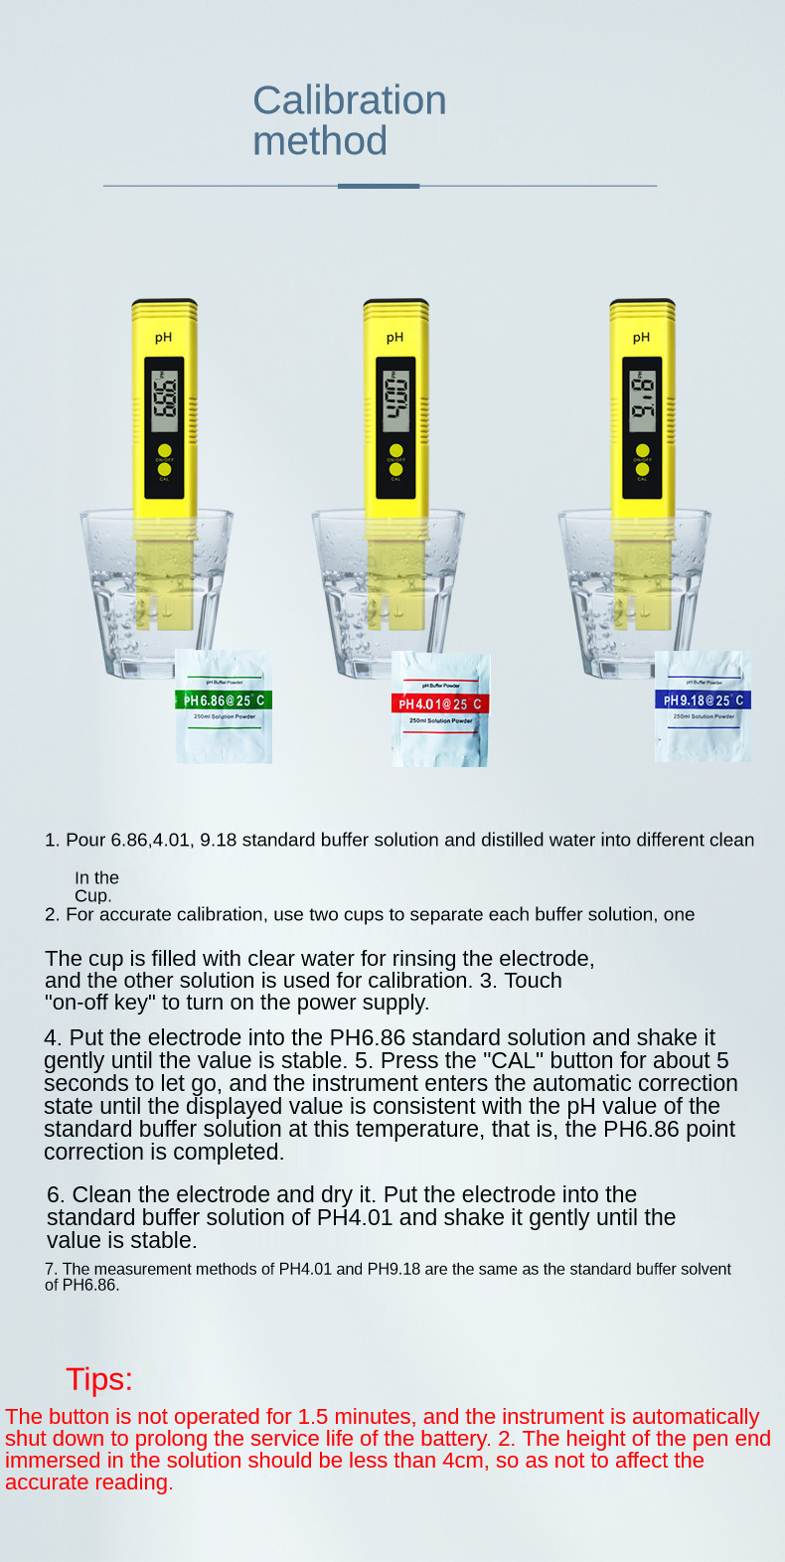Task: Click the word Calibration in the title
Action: pos(350,100)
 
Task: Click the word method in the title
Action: pos(320,141)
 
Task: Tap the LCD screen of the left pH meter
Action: pos(165,401)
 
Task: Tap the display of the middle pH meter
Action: pos(396,401)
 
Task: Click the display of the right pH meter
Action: pos(642,401)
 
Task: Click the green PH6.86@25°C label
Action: pos(224,701)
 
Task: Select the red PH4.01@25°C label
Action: pos(440,704)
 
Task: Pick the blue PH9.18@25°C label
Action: pos(703,701)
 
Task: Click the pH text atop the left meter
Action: pos(163,338)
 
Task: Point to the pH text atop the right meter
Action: pos(641,338)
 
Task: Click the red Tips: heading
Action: pos(99,1379)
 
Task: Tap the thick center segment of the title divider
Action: pos(379,186)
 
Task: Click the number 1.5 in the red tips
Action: pos(313,1417)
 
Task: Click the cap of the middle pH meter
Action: pos(396,308)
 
